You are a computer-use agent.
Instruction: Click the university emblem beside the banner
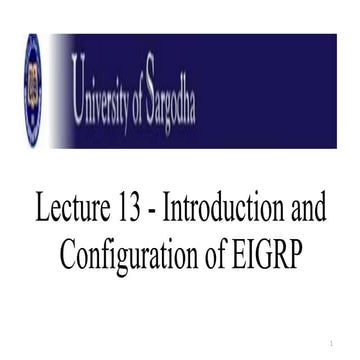tap(33, 90)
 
